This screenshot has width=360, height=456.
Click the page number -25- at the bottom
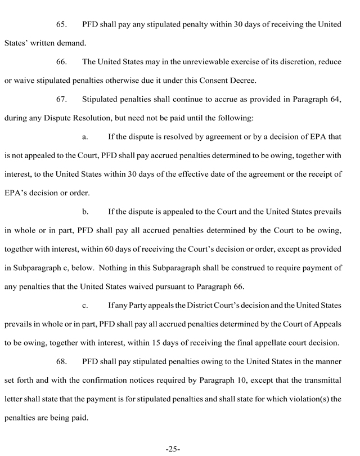click(173, 449)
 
